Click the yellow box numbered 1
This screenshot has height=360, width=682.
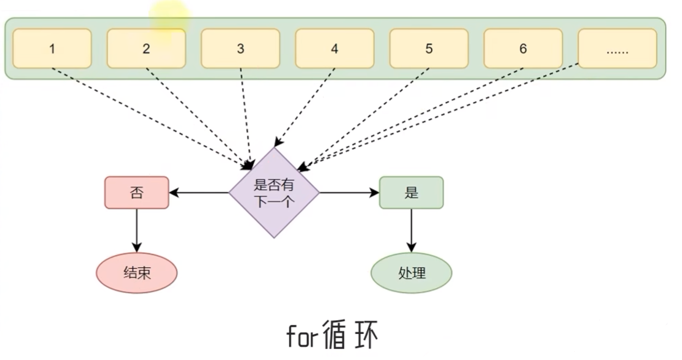(x=52, y=48)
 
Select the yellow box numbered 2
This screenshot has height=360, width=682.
(x=146, y=48)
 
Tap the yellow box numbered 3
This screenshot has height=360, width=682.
(x=240, y=48)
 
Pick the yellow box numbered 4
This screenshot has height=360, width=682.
(x=334, y=48)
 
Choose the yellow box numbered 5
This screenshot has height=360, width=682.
(x=429, y=48)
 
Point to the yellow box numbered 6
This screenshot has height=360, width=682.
(x=523, y=48)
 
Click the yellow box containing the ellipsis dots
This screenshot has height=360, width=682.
(x=617, y=48)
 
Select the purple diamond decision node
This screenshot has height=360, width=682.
(x=274, y=193)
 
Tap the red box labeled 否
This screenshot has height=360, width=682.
(x=137, y=193)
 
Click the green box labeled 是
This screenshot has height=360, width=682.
(x=411, y=193)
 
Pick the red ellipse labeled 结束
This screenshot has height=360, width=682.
(x=137, y=273)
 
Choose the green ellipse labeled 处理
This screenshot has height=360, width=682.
(x=411, y=273)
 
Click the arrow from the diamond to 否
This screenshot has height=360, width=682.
(x=199, y=193)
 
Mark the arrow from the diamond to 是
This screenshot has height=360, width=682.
(x=349, y=193)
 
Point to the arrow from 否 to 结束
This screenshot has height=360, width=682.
(x=137, y=228)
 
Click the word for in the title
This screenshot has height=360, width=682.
(x=301, y=337)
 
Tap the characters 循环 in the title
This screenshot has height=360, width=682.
(x=349, y=335)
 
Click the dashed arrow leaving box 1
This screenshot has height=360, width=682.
(x=147, y=114)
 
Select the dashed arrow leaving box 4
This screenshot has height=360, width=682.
(x=306, y=107)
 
